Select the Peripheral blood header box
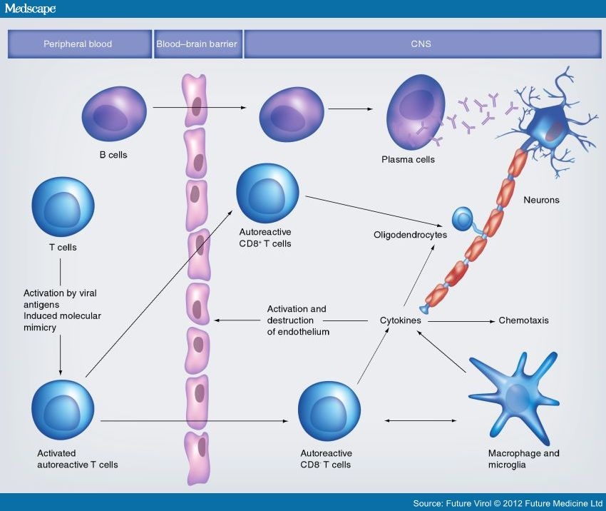pyautogui.click(x=79, y=44)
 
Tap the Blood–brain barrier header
pyautogui.click(x=197, y=44)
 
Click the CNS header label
pyautogui.click(x=421, y=44)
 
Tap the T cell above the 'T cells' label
pyautogui.click(x=63, y=207)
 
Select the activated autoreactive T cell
pyautogui.click(x=63, y=410)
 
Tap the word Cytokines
pyautogui.click(x=401, y=321)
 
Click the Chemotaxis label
pyautogui.click(x=523, y=321)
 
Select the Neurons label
pyautogui.click(x=541, y=201)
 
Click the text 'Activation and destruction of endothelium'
pyautogui.click(x=298, y=320)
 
